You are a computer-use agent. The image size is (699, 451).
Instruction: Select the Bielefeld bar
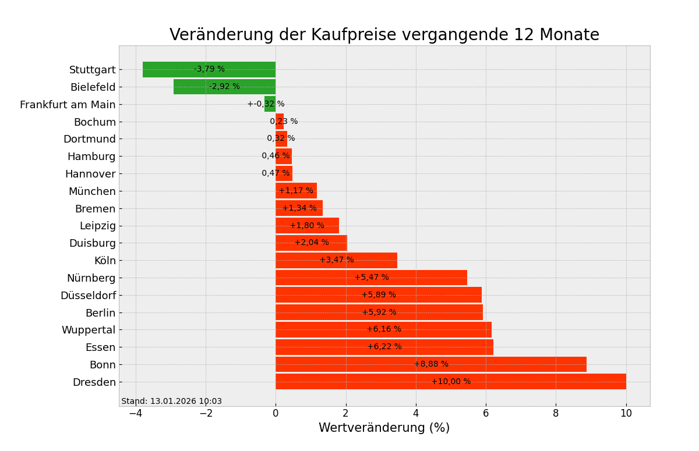[192, 87]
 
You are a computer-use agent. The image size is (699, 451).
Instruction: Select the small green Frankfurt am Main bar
[270, 104]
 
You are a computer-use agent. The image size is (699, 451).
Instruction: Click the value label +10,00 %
[451, 382]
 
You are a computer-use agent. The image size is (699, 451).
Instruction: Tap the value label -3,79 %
[209, 69]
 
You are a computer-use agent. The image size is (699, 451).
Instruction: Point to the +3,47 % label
[337, 260]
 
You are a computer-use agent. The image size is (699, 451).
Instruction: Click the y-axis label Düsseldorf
[88, 296]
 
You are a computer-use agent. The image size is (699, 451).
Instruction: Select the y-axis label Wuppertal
[89, 330]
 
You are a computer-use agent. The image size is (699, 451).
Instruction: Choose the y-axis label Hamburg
[91, 157]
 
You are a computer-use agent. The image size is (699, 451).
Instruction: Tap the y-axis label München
[92, 191]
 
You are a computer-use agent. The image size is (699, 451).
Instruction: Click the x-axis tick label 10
[626, 413]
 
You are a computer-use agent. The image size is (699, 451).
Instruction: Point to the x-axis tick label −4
[135, 413]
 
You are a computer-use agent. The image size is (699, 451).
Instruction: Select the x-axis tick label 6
[486, 413]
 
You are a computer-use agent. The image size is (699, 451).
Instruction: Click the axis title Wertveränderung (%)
[384, 428]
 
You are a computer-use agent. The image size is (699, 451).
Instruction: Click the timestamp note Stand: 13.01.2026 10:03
[171, 402]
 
